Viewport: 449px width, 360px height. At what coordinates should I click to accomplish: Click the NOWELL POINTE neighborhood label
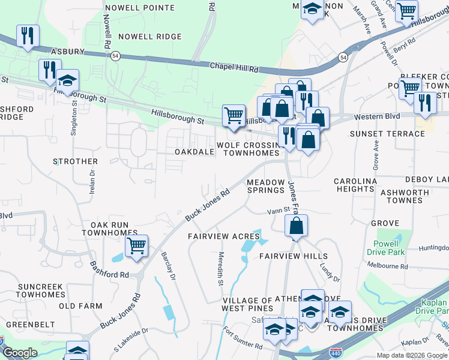click(139, 8)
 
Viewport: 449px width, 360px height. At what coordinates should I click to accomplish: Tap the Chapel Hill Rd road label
click(234, 67)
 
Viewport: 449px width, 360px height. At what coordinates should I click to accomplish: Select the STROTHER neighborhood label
click(75, 161)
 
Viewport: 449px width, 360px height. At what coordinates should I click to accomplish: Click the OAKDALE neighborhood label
click(194, 152)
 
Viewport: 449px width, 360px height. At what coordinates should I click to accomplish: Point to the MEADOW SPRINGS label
click(266, 186)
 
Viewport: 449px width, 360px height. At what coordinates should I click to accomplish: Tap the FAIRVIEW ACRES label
click(223, 236)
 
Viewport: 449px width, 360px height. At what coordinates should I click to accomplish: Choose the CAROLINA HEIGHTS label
click(355, 185)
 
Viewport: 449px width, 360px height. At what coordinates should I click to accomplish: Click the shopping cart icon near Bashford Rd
click(137, 245)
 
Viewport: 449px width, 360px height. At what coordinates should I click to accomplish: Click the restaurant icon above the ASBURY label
click(28, 35)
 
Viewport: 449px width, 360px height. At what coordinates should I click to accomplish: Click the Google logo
click(20, 353)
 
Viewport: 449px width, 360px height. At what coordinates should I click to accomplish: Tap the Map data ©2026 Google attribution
click(412, 355)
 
